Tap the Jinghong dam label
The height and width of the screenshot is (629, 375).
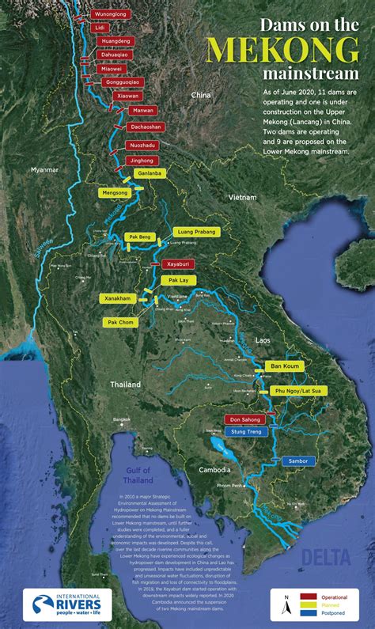pyautogui.click(x=139, y=160)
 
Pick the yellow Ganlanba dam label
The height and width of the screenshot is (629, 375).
pyautogui.click(x=149, y=173)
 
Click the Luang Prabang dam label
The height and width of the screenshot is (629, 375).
pyautogui.click(x=194, y=233)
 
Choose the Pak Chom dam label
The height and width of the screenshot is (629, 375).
pyautogui.click(x=123, y=323)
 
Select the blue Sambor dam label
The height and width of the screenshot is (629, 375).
pyautogui.click(x=297, y=460)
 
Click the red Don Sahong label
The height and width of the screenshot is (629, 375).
pyautogui.click(x=246, y=419)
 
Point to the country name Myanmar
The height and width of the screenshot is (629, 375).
pyautogui.click(x=45, y=170)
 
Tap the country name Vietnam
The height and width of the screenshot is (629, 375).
pyautogui.click(x=243, y=196)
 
